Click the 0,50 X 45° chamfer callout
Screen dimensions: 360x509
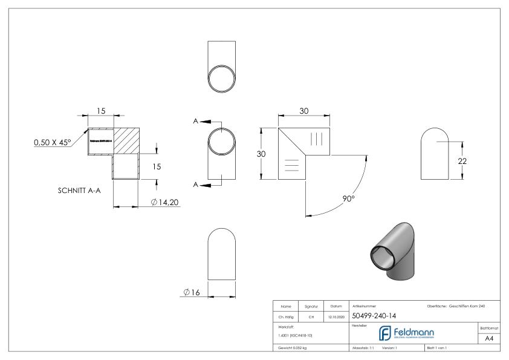click(52, 143)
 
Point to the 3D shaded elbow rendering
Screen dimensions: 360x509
click(391, 251)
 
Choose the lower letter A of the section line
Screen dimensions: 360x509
click(196, 183)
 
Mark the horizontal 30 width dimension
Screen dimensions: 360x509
click(303, 111)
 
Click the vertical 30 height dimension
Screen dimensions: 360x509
click(262, 154)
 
